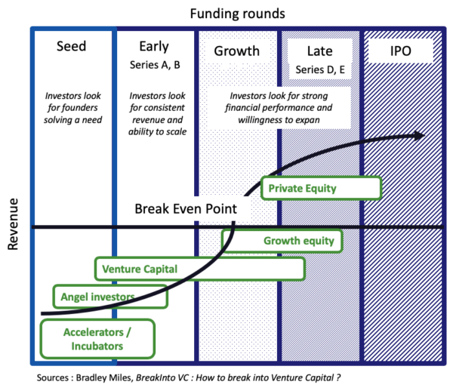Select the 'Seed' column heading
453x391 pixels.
point(72,47)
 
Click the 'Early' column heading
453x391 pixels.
point(155,47)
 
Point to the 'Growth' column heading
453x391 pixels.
point(237,51)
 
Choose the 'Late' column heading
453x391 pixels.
point(320,51)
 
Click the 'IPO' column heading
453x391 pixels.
point(399,51)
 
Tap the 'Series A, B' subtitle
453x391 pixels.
point(155,64)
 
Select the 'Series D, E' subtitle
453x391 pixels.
point(320,69)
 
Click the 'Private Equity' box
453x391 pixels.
point(320,188)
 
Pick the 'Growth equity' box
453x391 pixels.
point(282,242)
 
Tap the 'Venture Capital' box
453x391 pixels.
point(199,269)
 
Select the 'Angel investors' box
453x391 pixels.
point(109,297)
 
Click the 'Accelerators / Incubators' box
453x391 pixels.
point(97,338)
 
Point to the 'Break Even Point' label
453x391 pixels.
point(185,209)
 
